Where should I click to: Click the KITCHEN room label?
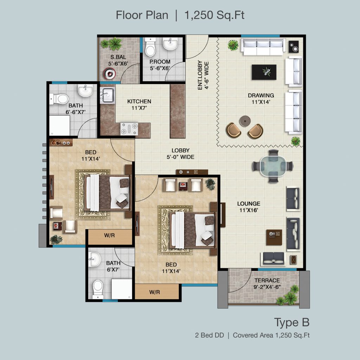click(139, 102)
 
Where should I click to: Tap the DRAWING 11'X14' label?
click(261, 99)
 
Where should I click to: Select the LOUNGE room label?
click(249, 204)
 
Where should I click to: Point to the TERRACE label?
click(267, 281)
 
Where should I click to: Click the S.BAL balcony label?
click(118, 57)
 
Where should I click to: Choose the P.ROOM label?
click(160, 62)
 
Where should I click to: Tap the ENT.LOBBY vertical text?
click(200, 75)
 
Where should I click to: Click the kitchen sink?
click(108, 96)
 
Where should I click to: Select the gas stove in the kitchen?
click(129, 129)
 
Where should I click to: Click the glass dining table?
click(273, 166)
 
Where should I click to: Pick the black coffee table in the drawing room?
click(264, 72)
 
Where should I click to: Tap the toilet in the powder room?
click(150, 48)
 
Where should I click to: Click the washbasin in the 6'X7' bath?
click(94, 259)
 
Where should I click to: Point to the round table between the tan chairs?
click(245, 121)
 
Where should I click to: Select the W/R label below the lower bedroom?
click(155, 292)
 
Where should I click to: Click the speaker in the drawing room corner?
click(294, 47)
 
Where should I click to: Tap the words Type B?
click(292, 323)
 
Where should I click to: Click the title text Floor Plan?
click(142, 15)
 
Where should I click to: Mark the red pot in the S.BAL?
click(110, 74)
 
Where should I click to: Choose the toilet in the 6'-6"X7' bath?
click(59, 99)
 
